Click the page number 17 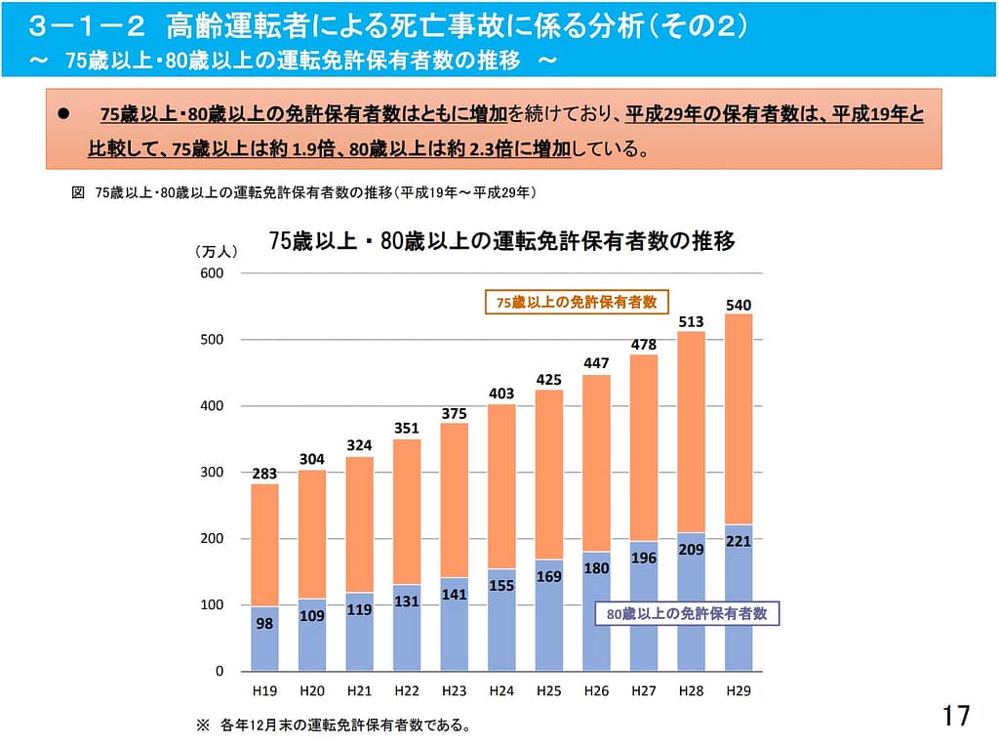point(957,716)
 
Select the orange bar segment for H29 point(739,420)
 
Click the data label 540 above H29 point(739,306)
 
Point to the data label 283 point(263,475)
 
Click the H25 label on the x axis point(548,691)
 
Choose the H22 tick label point(407,691)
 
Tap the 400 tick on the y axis point(212,406)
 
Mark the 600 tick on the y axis point(212,273)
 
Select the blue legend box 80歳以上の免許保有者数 point(688,614)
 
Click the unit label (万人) point(216,251)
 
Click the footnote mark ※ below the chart point(203,725)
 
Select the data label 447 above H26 point(596,363)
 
